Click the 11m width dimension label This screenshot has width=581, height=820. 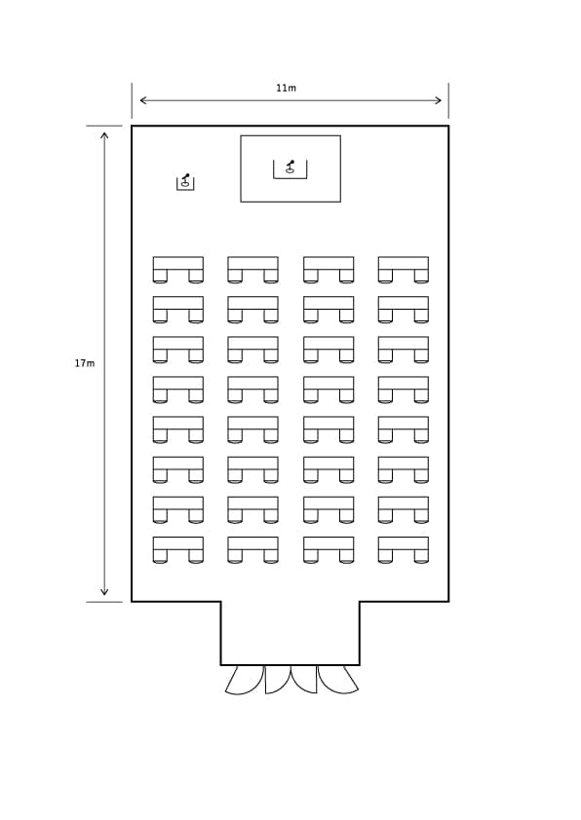286,88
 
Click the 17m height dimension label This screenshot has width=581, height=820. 84,363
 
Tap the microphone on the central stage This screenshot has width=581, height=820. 290,167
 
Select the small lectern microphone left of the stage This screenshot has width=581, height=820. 185,180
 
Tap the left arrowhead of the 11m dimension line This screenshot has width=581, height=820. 142,100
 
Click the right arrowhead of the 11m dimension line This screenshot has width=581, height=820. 439,100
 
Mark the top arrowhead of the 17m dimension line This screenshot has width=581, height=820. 104,135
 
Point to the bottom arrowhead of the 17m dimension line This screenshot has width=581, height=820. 104,592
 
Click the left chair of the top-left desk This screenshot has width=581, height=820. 160,277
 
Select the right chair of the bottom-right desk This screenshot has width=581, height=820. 421,556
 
